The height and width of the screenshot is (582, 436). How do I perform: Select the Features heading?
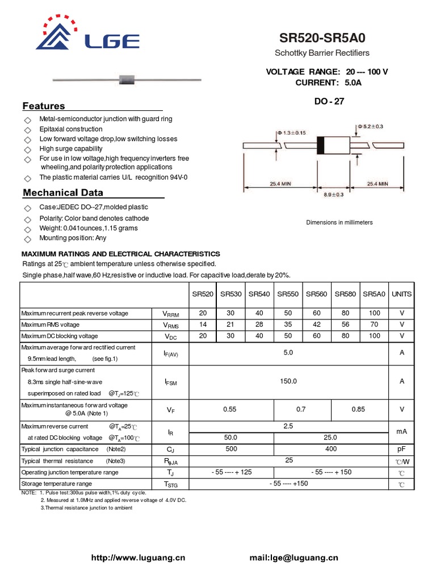pos(44,106)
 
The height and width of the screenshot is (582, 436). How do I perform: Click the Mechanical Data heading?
pos(63,193)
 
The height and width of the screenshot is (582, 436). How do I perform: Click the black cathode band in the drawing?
pos(320,145)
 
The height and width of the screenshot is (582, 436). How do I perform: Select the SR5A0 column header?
pos(374,294)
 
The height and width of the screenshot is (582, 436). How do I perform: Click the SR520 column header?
pos(203,294)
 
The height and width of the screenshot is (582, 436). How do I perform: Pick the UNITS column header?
pos(401,294)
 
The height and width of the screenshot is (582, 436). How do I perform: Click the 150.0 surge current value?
pos(288,381)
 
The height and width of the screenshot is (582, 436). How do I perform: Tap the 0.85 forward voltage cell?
pos(359,409)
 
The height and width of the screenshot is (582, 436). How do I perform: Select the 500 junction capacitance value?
pos(230,449)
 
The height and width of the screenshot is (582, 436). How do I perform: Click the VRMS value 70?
pos(374,325)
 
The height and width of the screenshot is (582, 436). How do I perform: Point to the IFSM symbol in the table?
pos(171,383)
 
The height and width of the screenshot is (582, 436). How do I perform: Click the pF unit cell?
pos(401,449)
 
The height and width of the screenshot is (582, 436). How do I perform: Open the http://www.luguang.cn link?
pos(139,558)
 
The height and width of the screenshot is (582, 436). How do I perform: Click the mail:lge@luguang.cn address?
pos(294,558)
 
